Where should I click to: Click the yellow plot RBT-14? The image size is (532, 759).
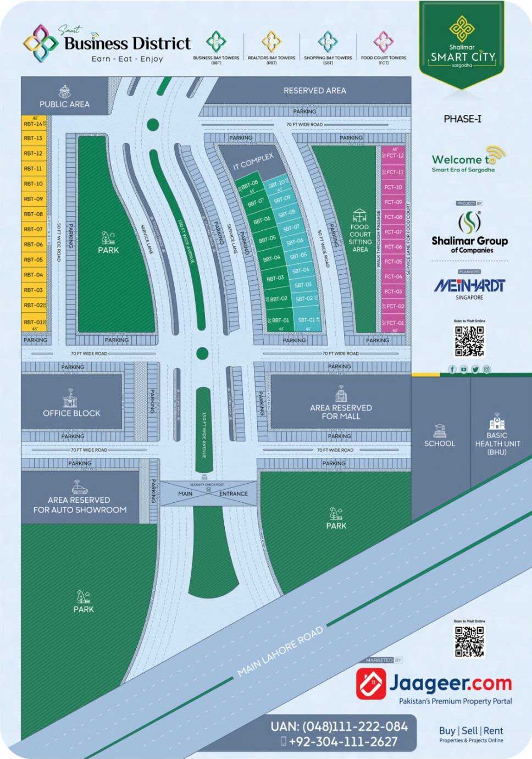click(x=33, y=124)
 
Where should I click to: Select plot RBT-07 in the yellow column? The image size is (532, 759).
click(x=33, y=229)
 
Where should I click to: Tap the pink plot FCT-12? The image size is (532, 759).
click(x=394, y=156)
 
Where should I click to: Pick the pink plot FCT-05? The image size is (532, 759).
click(x=394, y=262)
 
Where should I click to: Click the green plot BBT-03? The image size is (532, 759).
click(x=275, y=279)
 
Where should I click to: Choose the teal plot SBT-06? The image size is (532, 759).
click(x=295, y=241)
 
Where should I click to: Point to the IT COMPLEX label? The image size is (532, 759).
click(x=253, y=162)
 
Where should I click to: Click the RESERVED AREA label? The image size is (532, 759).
click(x=314, y=91)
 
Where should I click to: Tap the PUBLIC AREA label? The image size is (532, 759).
click(x=64, y=104)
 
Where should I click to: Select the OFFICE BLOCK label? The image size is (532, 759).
click(x=71, y=413)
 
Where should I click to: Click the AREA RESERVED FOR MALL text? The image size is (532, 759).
click(x=341, y=412)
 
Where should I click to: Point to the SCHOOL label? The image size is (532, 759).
click(x=440, y=444)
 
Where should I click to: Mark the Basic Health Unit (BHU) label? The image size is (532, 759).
click(x=496, y=444)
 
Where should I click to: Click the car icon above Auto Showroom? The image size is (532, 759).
click(x=77, y=487)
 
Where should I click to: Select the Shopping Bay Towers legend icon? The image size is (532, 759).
click(x=328, y=42)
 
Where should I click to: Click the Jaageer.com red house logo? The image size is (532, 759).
click(x=370, y=684)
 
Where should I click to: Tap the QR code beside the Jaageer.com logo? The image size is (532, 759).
click(x=469, y=641)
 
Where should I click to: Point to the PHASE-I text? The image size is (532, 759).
click(x=462, y=119)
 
